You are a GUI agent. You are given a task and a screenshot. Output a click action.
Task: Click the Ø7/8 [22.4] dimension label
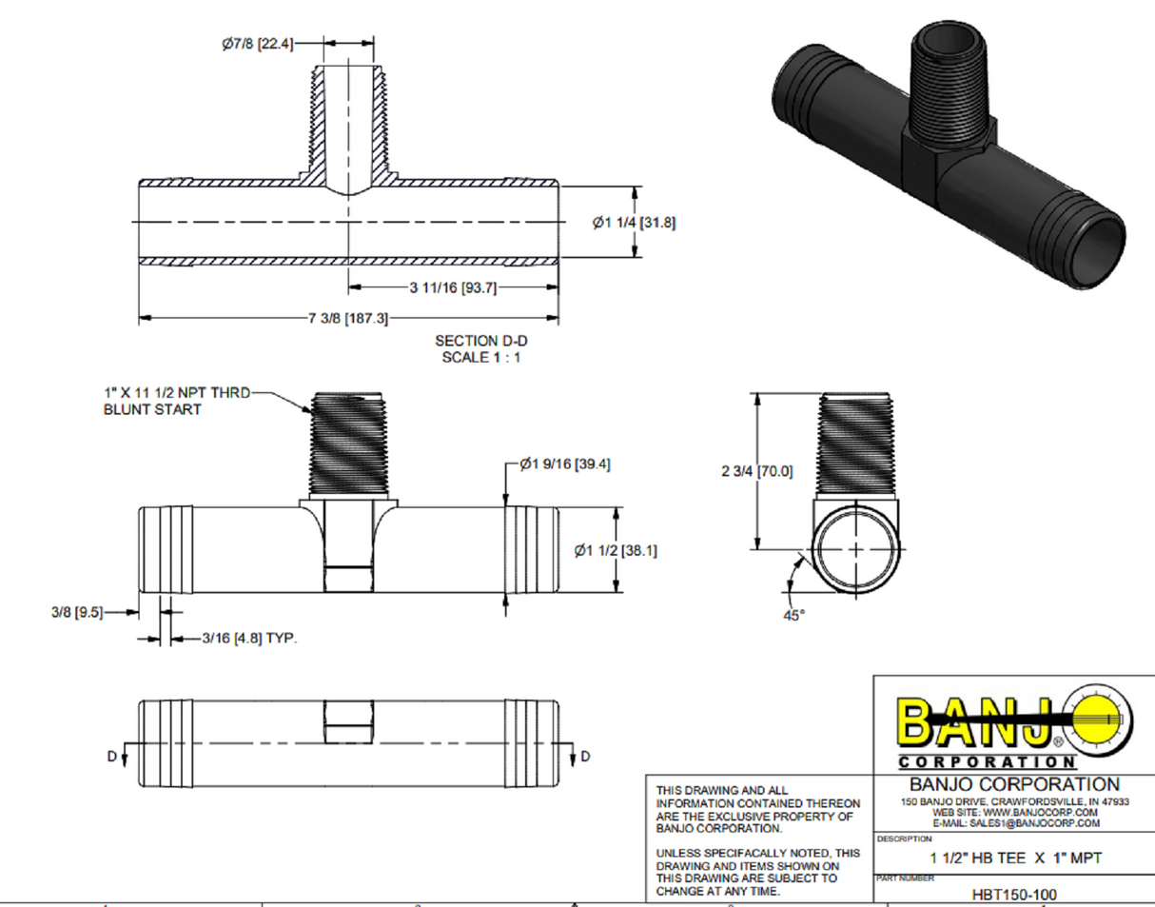point(256,44)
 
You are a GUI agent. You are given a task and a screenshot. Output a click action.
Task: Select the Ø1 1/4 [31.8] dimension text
point(634,223)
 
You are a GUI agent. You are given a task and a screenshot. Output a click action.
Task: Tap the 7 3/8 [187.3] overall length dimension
point(348,319)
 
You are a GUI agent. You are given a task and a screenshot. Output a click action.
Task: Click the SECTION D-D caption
point(479,340)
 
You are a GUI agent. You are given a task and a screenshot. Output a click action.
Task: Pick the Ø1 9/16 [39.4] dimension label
point(565,464)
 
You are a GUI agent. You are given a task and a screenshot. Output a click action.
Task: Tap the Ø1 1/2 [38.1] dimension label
point(616,550)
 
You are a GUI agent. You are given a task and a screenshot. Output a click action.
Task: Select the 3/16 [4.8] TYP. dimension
point(250,640)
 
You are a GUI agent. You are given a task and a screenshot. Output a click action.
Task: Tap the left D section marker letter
point(111,756)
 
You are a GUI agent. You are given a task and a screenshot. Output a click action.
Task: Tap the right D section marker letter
point(585,756)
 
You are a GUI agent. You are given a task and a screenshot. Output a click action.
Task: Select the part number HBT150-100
point(1014,894)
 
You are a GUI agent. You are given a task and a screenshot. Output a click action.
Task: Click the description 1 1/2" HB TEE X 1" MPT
point(1014,858)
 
